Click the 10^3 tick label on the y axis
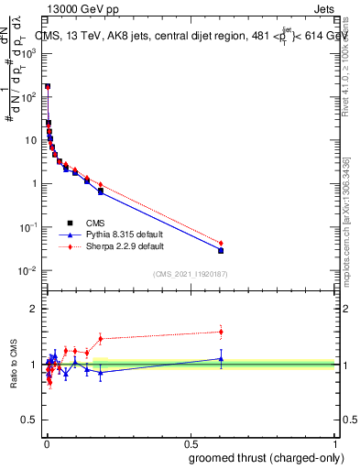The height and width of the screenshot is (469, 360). [x=28, y=54]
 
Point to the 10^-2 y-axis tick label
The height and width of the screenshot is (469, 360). [x=28, y=271]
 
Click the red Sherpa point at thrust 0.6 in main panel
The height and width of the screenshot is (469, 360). [x=221, y=244]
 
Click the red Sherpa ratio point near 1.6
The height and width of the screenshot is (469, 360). [x=221, y=332]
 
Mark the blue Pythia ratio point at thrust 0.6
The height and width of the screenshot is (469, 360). [x=221, y=359]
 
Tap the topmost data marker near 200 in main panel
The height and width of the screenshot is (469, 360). [x=48, y=87]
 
